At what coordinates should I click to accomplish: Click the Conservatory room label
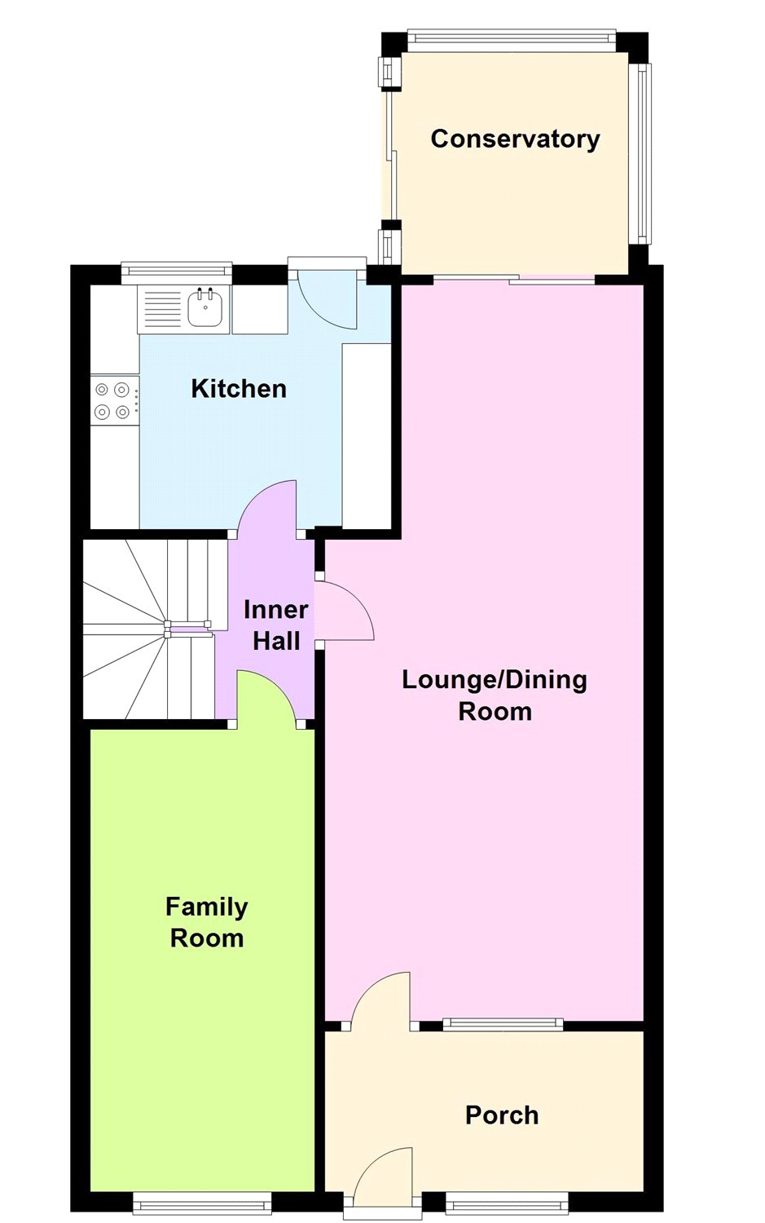click(515, 139)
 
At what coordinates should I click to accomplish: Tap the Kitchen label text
click(239, 389)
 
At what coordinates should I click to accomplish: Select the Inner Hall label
click(276, 625)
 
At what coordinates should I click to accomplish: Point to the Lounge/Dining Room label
click(495, 695)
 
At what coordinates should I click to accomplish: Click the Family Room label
click(207, 923)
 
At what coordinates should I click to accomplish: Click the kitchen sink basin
click(206, 307)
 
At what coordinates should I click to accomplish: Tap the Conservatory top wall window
click(512, 38)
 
